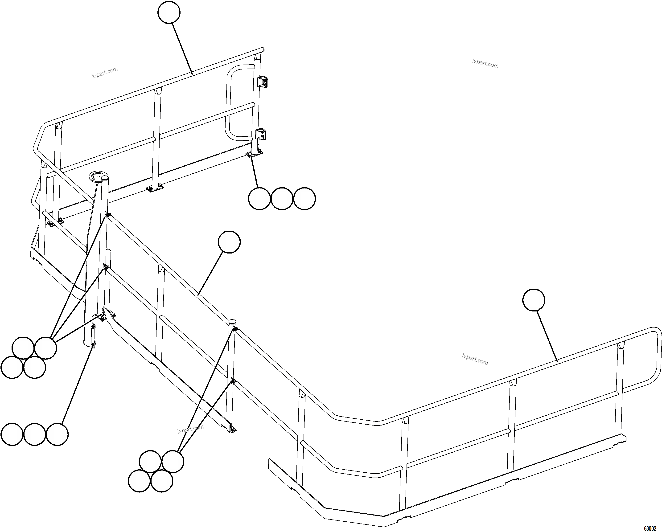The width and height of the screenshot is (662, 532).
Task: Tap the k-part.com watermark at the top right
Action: (x=485, y=64)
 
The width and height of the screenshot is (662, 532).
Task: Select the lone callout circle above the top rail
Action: (x=169, y=12)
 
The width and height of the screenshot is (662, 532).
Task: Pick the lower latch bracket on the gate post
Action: (x=261, y=134)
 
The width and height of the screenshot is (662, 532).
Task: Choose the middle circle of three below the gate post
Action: (x=282, y=199)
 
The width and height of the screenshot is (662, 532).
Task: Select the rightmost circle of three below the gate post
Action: (x=304, y=199)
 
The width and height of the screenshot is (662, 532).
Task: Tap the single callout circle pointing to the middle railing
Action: (x=229, y=242)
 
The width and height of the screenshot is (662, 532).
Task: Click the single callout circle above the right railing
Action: (x=534, y=300)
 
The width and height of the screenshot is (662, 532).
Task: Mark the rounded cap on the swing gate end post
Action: (x=232, y=322)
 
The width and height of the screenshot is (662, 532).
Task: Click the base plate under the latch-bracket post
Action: (x=255, y=153)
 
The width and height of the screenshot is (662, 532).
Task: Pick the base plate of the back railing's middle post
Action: (x=155, y=188)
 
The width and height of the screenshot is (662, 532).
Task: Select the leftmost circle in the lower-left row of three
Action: (x=12, y=434)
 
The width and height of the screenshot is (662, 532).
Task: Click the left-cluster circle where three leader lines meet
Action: (x=45, y=348)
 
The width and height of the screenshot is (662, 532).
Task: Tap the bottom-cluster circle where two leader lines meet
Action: (x=173, y=461)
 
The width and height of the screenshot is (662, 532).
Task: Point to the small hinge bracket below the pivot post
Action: (x=93, y=336)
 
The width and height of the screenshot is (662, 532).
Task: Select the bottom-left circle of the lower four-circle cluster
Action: (x=139, y=481)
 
